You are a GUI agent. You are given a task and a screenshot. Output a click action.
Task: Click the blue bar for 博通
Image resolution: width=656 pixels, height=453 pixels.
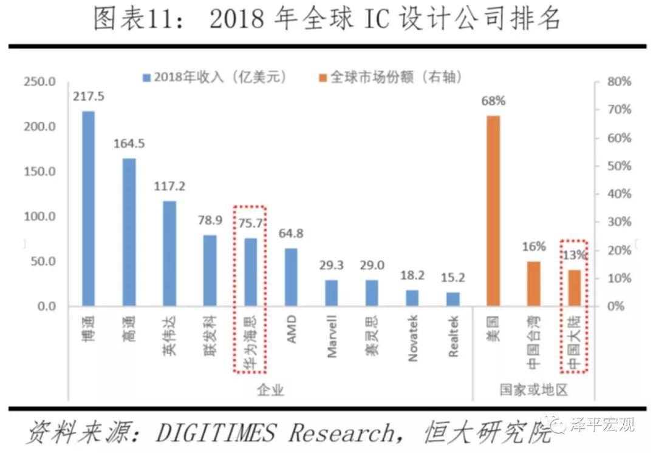[89, 209]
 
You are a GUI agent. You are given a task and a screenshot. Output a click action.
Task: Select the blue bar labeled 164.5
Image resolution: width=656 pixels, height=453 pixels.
[129, 232]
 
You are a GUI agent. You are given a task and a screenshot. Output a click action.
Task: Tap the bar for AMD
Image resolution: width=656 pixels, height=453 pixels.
[291, 277]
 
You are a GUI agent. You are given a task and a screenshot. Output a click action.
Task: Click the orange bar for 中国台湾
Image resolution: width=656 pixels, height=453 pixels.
[533, 284]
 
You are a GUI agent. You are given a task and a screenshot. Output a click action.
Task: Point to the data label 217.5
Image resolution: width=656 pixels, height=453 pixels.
[88, 97]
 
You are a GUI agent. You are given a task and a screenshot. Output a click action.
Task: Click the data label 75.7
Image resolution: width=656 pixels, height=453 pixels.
[250, 224]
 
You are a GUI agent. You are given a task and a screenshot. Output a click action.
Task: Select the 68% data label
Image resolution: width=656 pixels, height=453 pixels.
[493, 101]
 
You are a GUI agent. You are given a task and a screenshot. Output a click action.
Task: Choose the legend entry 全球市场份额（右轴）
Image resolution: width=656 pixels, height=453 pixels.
[395, 77]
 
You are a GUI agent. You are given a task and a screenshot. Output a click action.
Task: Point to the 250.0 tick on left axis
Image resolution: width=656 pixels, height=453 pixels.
[39, 82]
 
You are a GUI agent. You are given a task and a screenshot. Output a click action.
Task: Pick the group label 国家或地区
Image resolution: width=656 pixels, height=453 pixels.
[533, 390]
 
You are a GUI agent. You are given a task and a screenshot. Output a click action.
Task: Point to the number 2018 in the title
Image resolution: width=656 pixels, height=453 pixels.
[237, 20]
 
